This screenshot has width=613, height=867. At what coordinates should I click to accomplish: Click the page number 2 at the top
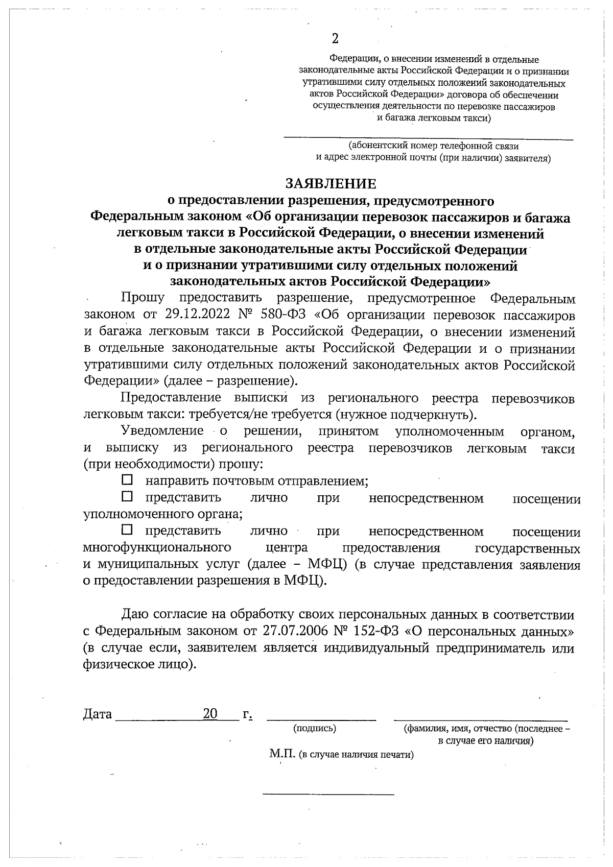tap(335, 39)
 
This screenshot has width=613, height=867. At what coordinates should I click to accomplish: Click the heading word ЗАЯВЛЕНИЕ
tap(331, 183)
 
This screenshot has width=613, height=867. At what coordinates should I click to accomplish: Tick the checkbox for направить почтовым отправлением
tap(127, 480)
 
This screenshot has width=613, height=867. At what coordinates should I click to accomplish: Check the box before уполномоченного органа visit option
tap(127, 496)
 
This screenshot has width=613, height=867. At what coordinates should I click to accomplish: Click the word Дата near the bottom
tap(98, 714)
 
